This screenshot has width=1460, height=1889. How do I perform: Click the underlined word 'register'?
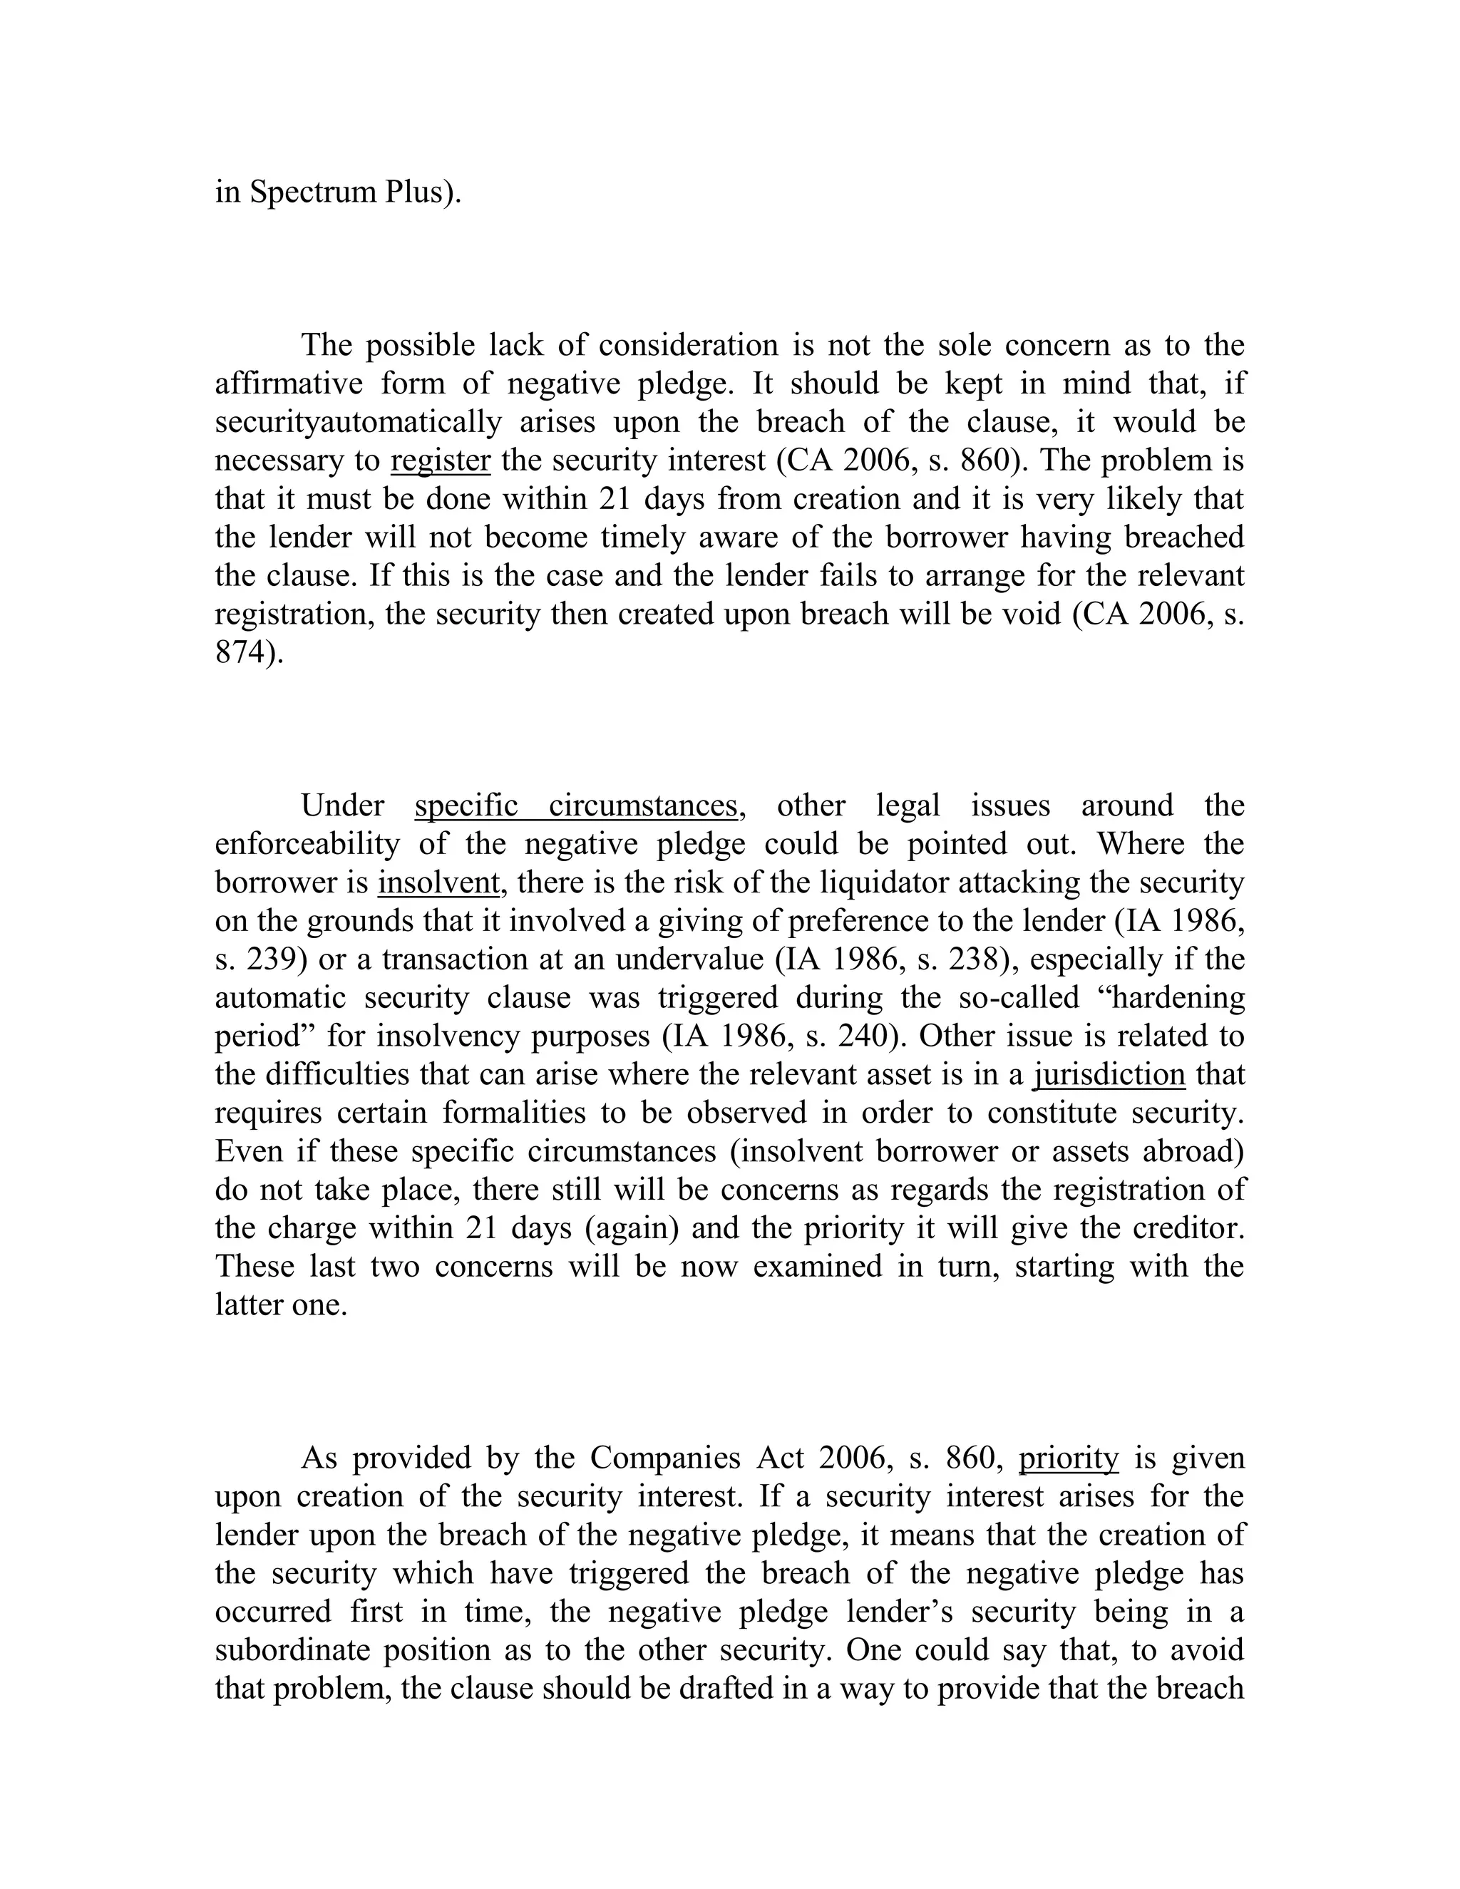pyautogui.click(x=441, y=460)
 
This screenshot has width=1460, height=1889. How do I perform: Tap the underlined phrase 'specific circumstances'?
pyautogui.click(x=576, y=805)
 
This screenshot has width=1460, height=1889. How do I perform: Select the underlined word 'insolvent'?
pyautogui.click(x=438, y=882)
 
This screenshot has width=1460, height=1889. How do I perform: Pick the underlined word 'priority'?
pyautogui.click(x=1068, y=1458)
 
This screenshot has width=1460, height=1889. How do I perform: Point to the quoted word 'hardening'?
pyautogui.click(x=1176, y=997)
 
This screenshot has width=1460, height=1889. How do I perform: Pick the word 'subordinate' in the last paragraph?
pyautogui.click(x=292, y=1649)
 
